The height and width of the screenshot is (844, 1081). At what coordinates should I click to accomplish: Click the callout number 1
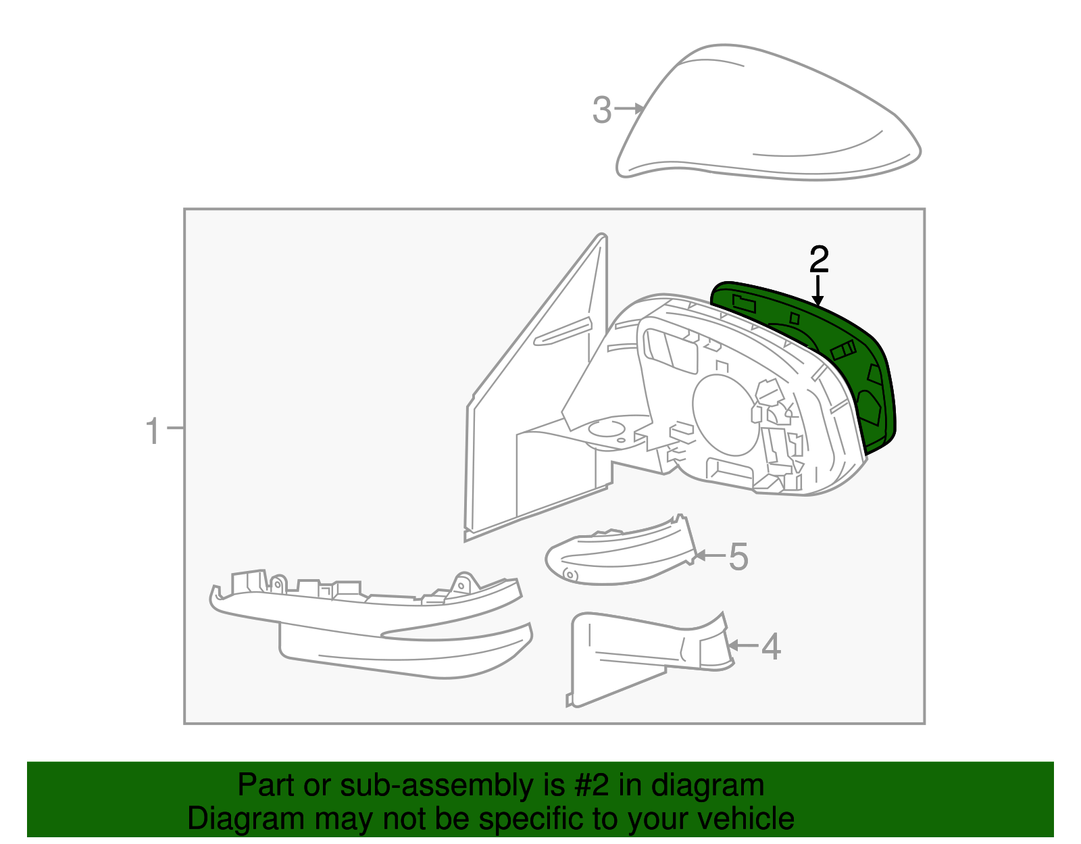[153, 430]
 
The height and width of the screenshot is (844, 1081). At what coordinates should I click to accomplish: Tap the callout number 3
[601, 110]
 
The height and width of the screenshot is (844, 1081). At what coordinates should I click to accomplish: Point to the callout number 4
[771, 647]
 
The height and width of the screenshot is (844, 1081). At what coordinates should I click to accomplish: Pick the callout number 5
[738, 557]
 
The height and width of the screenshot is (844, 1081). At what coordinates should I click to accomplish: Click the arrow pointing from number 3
[630, 108]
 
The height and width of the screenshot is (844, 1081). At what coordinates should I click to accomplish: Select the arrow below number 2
[818, 290]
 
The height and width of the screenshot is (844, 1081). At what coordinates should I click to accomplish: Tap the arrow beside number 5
[709, 555]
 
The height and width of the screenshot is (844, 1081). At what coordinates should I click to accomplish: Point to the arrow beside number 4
[743, 645]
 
